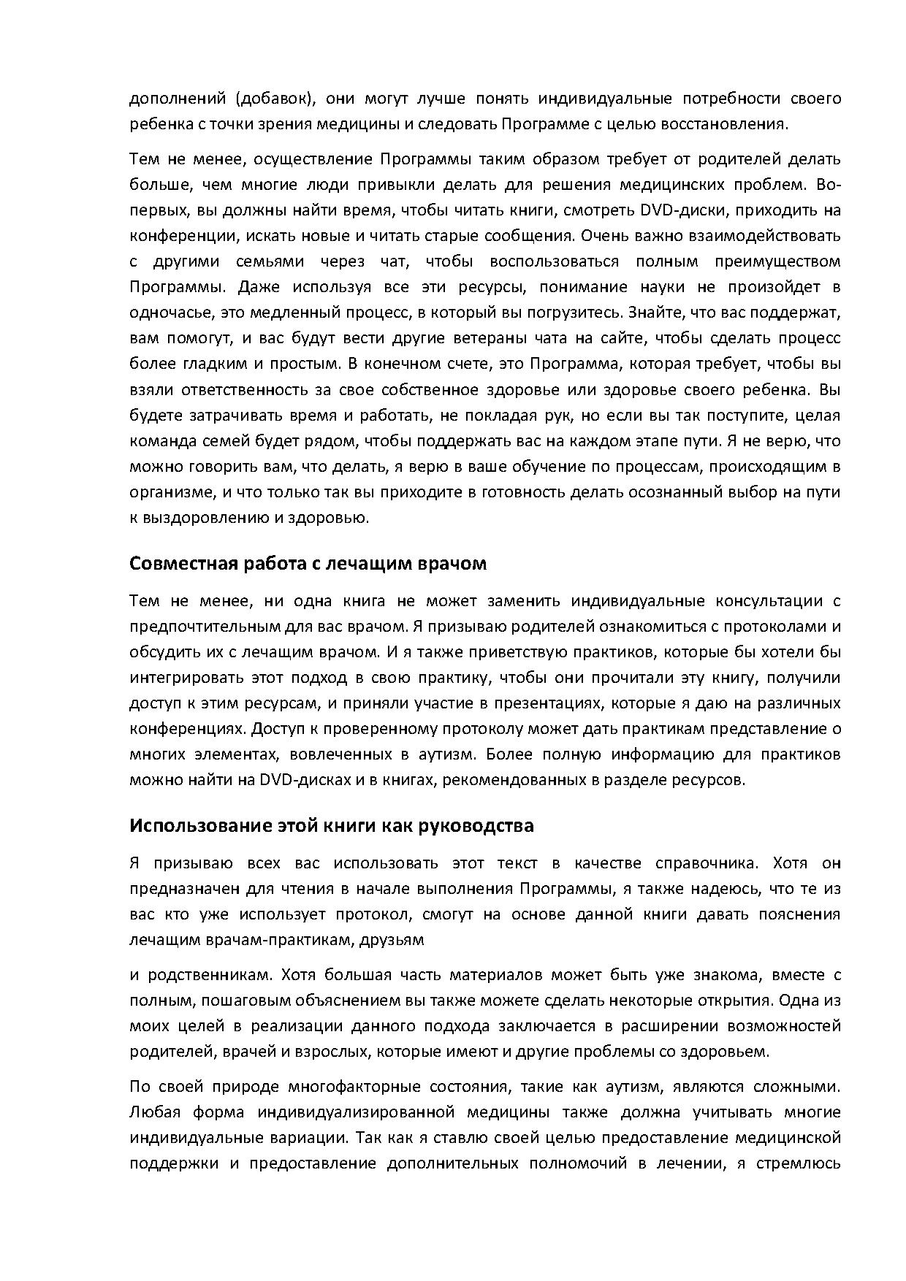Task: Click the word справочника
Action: [707, 863]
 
